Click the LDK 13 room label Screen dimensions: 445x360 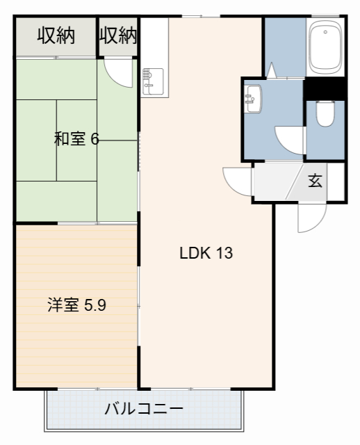pyautogui.click(x=206, y=253)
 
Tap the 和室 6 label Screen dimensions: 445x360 pyautogui.click(x=76, y=139)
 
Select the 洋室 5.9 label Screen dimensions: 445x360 pyautogui.click(x=76, y=305)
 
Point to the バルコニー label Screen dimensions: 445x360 pyautogui.click(x=144, y=408)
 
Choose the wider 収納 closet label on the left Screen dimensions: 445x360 pyautogui.click(x=56, y=35)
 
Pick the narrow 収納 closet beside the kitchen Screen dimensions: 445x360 pyautogui.click(x=118, y=35)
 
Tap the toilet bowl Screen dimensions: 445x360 pyautogui.click(x=325, y=114)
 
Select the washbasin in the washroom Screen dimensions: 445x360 pyautogui.click(x=253, y=99)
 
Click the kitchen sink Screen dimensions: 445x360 pyautogui.click(x=152, y=81)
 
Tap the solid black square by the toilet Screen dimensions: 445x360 pyautogui.click(x=325, y=90)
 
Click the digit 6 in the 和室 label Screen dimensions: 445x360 pyautogui.click(x=95, y=139)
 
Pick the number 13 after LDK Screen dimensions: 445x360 pyautogui.click(x=224, y=253)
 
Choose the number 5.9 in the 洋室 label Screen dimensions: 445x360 pyautogui.click(x=95, y=305)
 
